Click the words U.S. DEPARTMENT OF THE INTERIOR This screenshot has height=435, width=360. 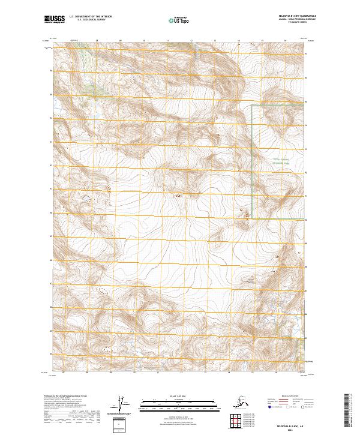coord(96,18)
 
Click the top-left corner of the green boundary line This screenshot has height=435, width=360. coord(251,106)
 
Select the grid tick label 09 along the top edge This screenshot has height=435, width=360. coord(121,41)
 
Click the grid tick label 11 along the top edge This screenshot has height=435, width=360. coord(168,41)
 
